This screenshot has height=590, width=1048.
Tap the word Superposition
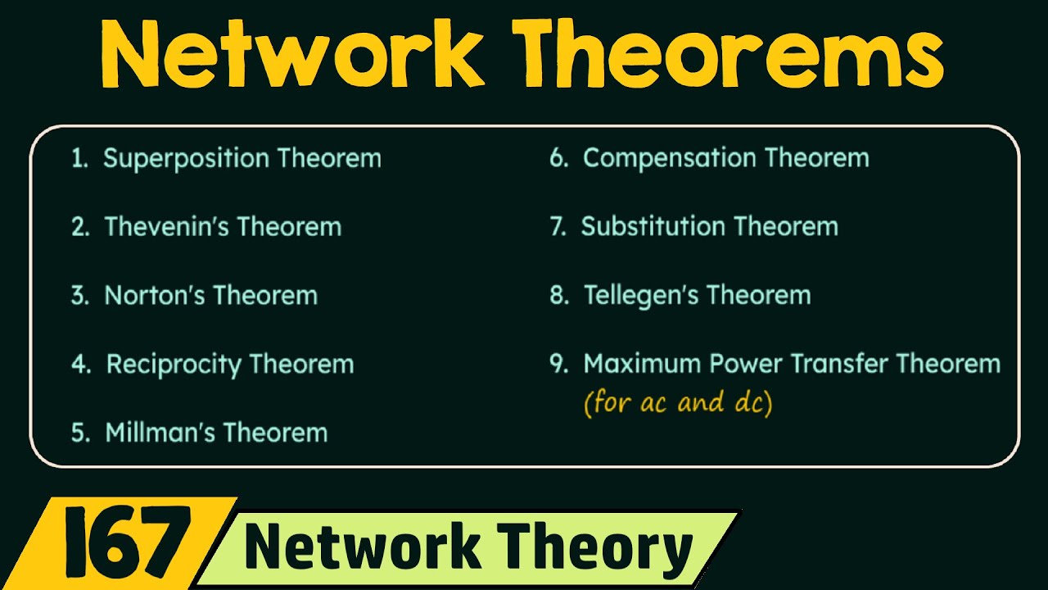tap(187, 158)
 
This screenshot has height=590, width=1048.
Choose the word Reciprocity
tap(173, 365)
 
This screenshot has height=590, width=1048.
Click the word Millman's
tap(160, 433)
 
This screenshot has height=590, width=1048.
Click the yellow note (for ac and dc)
tap(678, 403)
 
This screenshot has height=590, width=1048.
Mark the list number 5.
tap(79, 433)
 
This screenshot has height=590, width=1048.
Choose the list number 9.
tap(558, 365)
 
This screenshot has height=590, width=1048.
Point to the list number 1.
tap(79, 159)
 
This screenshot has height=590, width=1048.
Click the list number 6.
tap(558, 159)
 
